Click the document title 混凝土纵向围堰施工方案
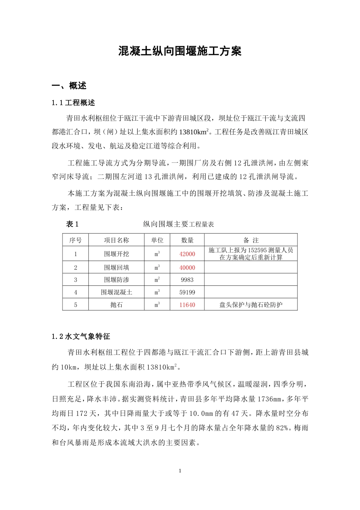click(x=180, y=51)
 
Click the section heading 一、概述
click(x=69, y=86)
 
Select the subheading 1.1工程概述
click(x=74, y=103)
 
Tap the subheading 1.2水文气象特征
click(x=81, y=337)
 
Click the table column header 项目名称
click(x=117, y=240)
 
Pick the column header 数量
click(x=187, y=240)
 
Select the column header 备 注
click(x=251, y=240)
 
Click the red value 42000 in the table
click(x=187, y=254)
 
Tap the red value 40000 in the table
click(x=187, y=268)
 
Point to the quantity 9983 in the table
click(x=187, y=280)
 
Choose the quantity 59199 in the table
click(x=187, y=292)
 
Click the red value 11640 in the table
click(x=187, y=305)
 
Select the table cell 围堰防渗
click(x=117, y=280)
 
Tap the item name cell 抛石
click(x=117, y=305)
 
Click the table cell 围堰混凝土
click(x=117, y=292)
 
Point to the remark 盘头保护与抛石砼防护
click(x=251, y=305)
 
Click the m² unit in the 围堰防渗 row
click(x=157, y=280)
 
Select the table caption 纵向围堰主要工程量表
click(x=178, y=224)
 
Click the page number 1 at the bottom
click(x=180, y=471)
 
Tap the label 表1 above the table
click(x=72, y=224)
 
